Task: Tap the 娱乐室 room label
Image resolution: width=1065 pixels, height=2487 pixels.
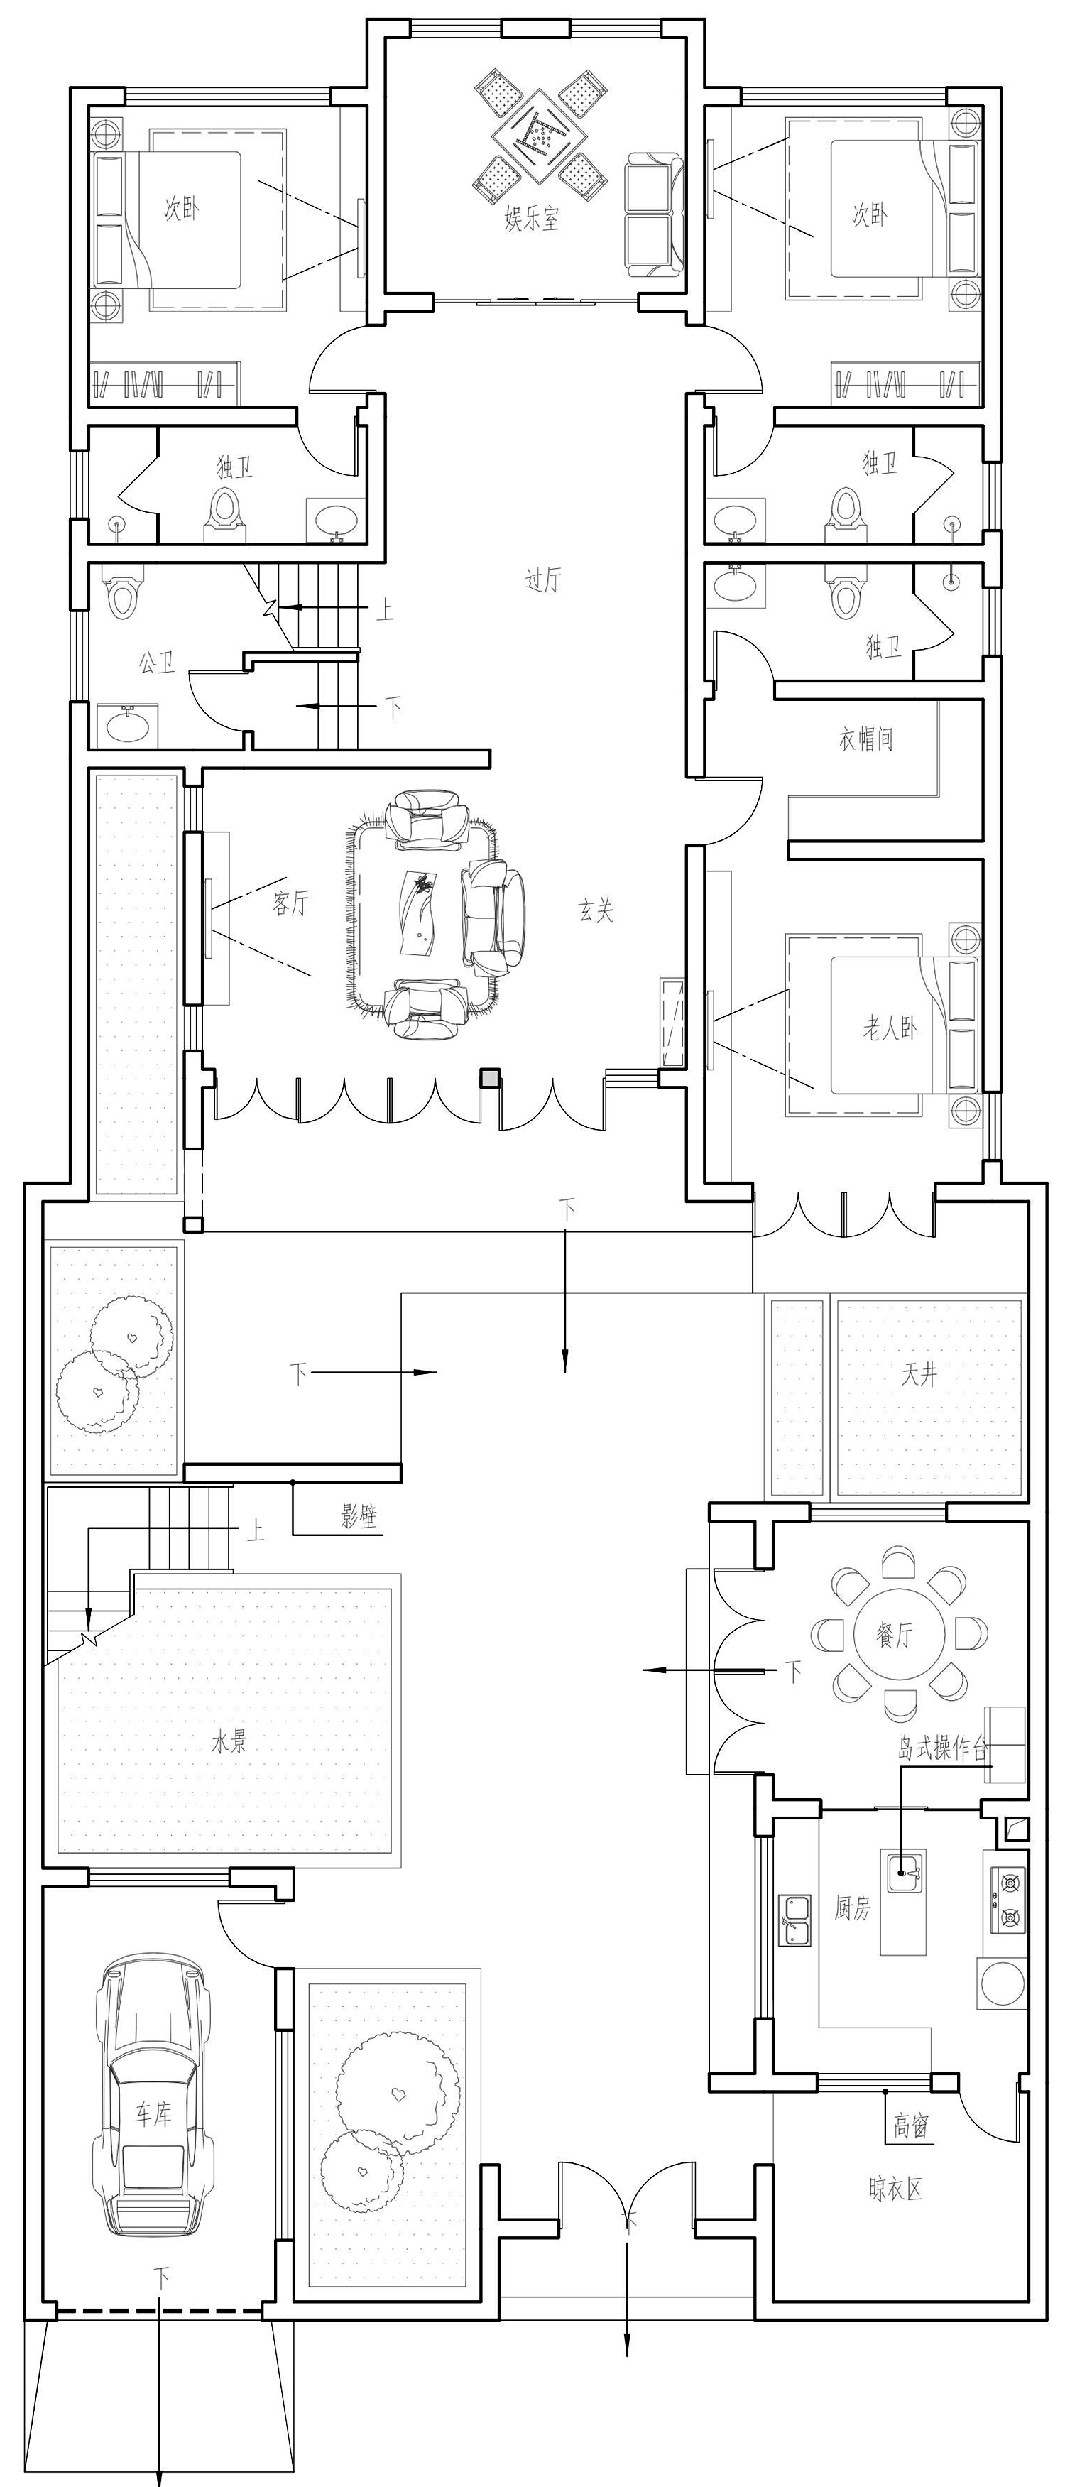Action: pyautogui.click(x=531, y=219)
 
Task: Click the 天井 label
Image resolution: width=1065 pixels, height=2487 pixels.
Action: pyautogui.click(x=919, y=1374)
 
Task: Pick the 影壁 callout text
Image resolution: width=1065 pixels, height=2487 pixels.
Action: pyautogui.click(x=359, y=1515)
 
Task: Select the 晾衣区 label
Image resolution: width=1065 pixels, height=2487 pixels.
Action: pyautogui.click(x=896, y=2189)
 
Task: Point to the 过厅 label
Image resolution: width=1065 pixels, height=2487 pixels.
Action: pyautogui.click(x=542, y=579)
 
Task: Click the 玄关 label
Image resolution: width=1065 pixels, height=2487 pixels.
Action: pyautogui.click(x=596, y=910)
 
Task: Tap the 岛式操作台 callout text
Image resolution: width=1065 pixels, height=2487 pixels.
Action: pyautogui.click(x=944, y=1748)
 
